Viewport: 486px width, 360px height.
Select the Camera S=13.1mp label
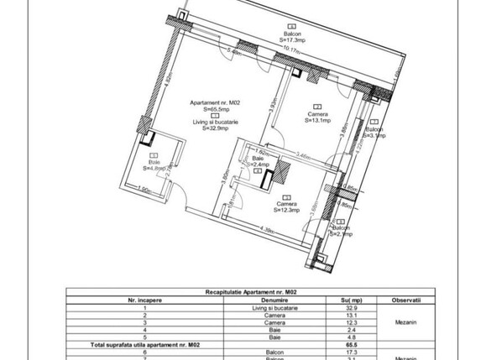coord(316,117)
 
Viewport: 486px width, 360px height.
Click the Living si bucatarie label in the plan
coord(215,123)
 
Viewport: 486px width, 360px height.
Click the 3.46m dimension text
coord(304,154)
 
